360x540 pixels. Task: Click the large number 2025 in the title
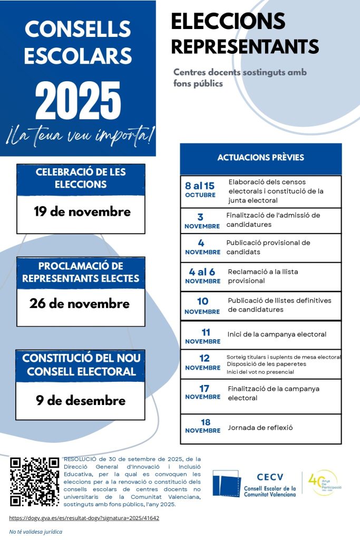tap(78, 100)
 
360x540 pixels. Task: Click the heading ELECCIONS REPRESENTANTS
tap(245, 34)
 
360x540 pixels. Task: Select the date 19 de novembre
tap(82, 212)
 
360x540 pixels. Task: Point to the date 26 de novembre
tap(80, 304)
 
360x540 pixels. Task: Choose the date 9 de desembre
tap(81, 400)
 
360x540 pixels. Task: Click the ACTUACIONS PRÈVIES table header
tap(260, 158)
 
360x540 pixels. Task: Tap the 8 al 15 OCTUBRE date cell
tap(200, 190)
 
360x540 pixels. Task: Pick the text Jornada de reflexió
tap(260, 428)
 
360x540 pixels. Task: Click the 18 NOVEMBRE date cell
tap(202, 426)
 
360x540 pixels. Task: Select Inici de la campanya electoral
tap(277, 334)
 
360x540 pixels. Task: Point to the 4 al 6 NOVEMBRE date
tap(202, 276)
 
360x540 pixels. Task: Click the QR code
tap(35, 481)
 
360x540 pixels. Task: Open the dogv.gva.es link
tap(84, 518)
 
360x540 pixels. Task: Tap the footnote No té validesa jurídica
tap(36, 532)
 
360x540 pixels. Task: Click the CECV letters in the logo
tap(270, 477)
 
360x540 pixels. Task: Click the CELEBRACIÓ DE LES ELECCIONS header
tap(81, 178)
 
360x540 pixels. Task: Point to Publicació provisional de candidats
tap(268, 247)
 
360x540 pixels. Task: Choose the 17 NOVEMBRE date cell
tap(202, 392)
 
